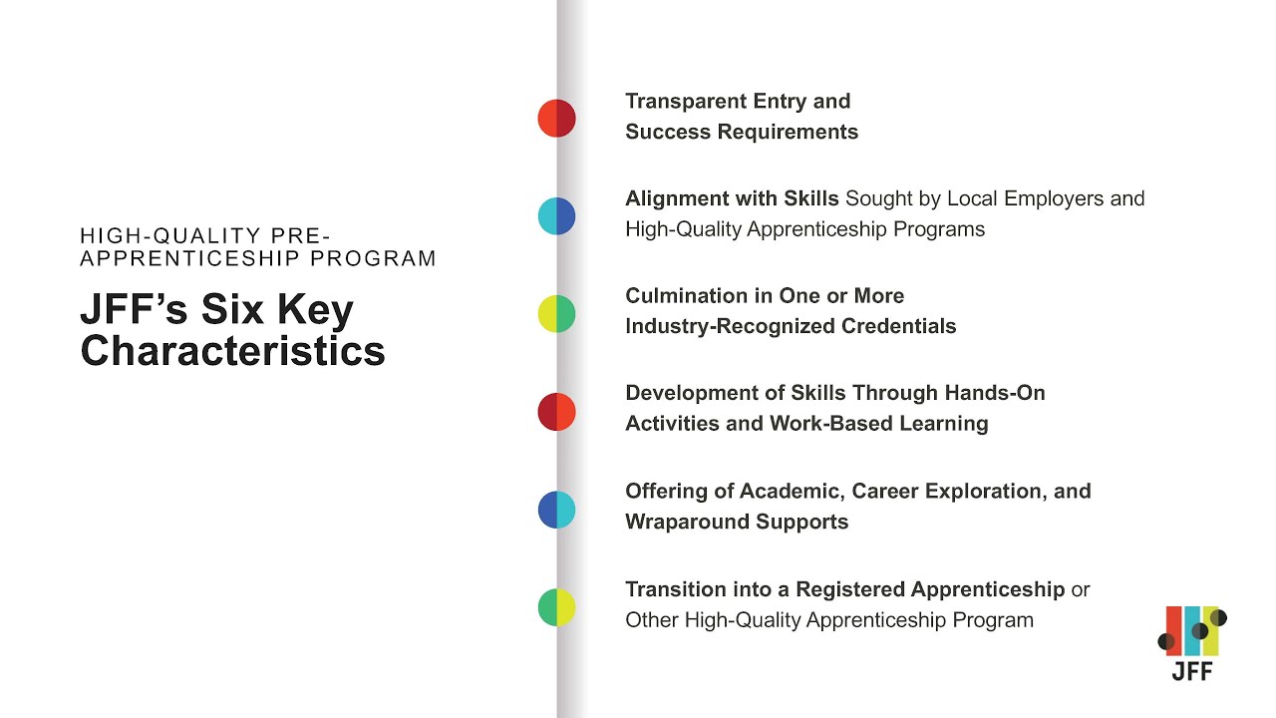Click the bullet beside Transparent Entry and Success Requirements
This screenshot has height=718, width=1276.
tap(556, 119)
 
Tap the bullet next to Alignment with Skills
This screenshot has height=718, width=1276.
tap(556, 216)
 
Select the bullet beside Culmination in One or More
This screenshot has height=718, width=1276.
tap(556, 314)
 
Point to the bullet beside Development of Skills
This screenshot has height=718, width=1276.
tap(556, 412)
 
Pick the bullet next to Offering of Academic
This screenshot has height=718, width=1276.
tap(556, 510)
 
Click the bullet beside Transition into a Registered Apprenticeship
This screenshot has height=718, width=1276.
tap(556, 607)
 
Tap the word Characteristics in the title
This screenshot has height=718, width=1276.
tap(232, 351)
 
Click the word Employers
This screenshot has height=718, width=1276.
tap(1055, 198)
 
